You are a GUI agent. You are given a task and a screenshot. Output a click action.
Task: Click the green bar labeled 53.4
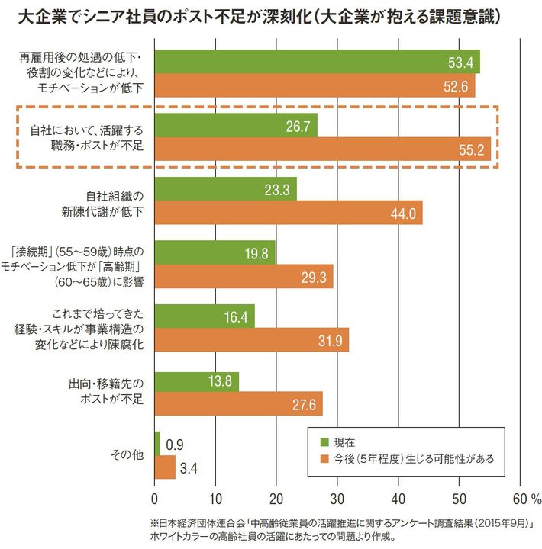click(x=317, y=62)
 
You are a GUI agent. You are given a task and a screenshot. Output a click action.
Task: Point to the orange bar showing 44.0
click(x=289, y=213)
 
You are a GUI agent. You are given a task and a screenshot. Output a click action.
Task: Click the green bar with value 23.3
click(x=225, y=189)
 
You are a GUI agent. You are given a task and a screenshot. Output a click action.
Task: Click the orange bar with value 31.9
click(x=251, y=341)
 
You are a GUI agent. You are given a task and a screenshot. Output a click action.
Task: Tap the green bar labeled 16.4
click(x=205, y=316)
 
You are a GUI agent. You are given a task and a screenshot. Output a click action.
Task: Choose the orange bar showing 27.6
click(x=238, y=403)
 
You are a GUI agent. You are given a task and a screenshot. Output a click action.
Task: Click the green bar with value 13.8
click(x=196, y=379)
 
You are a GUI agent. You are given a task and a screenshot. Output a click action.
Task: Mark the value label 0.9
click(x=174, y=444)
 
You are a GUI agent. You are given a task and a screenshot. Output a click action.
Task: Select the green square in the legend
click(x=323, y=441)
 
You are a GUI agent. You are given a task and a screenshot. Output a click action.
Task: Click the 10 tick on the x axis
click(x=215, y=499)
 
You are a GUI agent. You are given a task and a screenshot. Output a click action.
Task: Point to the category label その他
click(x=127, y=455)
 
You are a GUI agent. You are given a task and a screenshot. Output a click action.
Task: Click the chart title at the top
click(x=260, y=15)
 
